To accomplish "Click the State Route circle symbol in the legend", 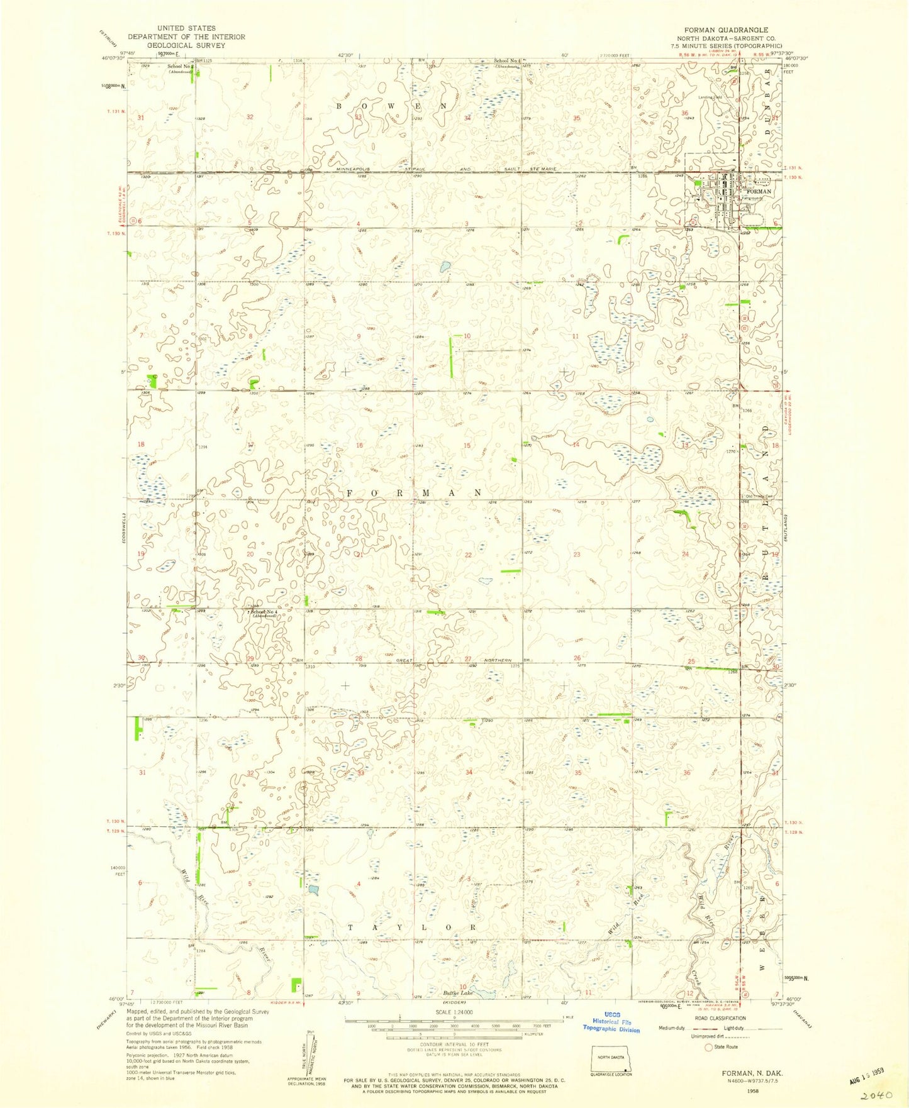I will pyautogui.click(x=709, y=1047).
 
